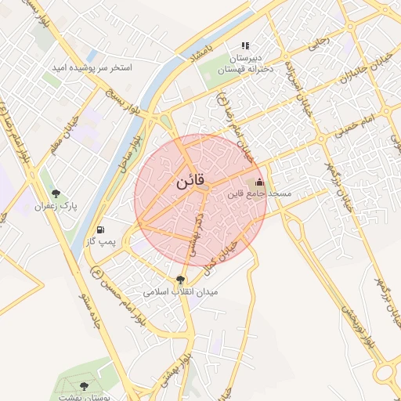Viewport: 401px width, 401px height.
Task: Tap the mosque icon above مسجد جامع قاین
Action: click(x=260, y=182)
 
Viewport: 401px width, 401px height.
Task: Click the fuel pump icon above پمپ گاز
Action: click(x=100, y=230)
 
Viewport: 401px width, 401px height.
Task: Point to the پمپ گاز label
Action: click(x=100, y=242)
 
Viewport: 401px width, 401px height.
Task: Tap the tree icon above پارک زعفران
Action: click(x=55, y=193)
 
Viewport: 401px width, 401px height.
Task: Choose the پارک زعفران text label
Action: click(x=52, y=206)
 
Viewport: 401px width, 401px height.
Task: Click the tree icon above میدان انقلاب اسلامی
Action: click(x=181, y=279)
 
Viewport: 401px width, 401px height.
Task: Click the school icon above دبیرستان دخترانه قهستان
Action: click(x=244, y=46)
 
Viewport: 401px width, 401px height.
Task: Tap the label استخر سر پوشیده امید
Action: click(x=92, y=68)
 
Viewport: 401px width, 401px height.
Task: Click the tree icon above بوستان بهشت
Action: click(x=85, y=386)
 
